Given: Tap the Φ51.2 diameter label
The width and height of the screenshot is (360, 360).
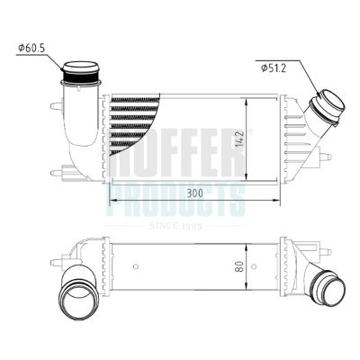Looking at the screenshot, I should point(274,67).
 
